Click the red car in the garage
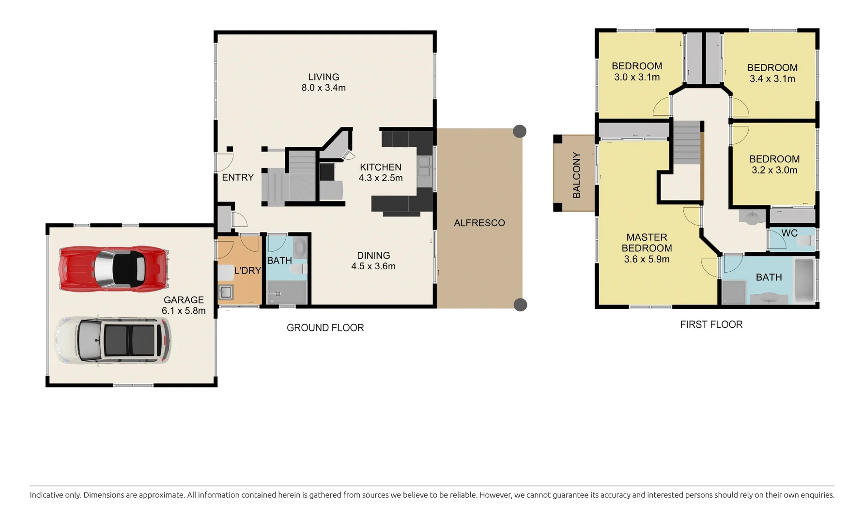pos(113,268)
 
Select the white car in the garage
pos(113,340)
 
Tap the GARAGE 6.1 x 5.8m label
pos(184,306)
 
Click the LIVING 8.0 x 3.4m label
pos(324,82)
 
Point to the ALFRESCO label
pos(479,223)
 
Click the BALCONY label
pos(576,175)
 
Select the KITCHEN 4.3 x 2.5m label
pos(381,173)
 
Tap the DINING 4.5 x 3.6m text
pos(373,261)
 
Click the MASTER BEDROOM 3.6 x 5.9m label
pos(647,248)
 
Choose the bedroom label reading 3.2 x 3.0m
pos(774,165)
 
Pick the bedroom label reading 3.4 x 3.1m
pos(772,73)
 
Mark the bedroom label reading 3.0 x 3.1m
pos(637,72)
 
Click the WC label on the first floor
pos(789,233)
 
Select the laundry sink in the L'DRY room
pos(226,292)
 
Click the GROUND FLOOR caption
pos(325,328)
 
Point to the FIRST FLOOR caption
pos(711,325)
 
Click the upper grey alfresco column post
pos(520,131)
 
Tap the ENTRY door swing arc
pos(226,161)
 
